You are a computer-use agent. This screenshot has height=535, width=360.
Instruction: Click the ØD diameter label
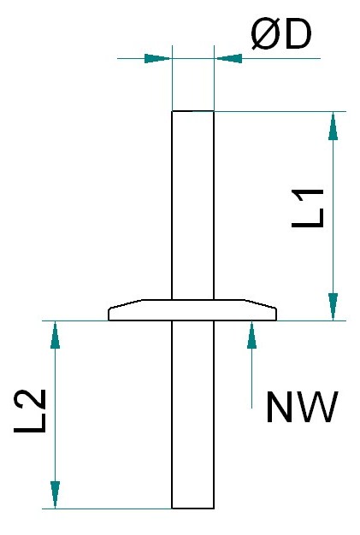click(281, 34)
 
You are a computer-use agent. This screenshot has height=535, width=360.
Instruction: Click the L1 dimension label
click(307, 208)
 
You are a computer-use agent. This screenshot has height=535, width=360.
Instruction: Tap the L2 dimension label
click(30, 411)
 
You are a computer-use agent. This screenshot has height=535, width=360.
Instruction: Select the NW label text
click(303, 407)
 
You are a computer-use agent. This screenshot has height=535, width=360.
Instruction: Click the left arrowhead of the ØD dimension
click(157, 58)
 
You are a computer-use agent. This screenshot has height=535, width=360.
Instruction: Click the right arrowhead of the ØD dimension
click(229, 58)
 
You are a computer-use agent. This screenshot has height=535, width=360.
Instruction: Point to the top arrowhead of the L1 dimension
click(333, 126)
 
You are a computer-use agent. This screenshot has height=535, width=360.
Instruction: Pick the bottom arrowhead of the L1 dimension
click(333, 307)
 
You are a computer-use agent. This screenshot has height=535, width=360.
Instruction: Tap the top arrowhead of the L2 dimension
click(55, 335)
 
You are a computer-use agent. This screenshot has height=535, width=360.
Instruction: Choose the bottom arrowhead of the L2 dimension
click(55, 494)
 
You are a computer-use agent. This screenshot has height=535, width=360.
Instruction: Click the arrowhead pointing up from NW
click(252, 335)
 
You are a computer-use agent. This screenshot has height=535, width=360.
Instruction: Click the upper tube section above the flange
click(192, 205)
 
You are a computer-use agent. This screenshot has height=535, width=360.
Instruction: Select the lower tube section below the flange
click(192, 414)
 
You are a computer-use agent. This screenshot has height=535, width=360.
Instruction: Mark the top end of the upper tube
click(192, 111)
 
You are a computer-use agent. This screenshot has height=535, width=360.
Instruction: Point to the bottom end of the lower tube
click(192, 509)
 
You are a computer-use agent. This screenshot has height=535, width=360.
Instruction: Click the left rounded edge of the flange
click(109, 314)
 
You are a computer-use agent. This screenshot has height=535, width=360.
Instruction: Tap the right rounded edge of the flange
click(275, 314)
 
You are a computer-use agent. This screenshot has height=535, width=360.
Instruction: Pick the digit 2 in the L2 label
click(30, 399)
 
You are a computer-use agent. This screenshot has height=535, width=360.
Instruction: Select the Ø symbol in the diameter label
click(265, 34)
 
